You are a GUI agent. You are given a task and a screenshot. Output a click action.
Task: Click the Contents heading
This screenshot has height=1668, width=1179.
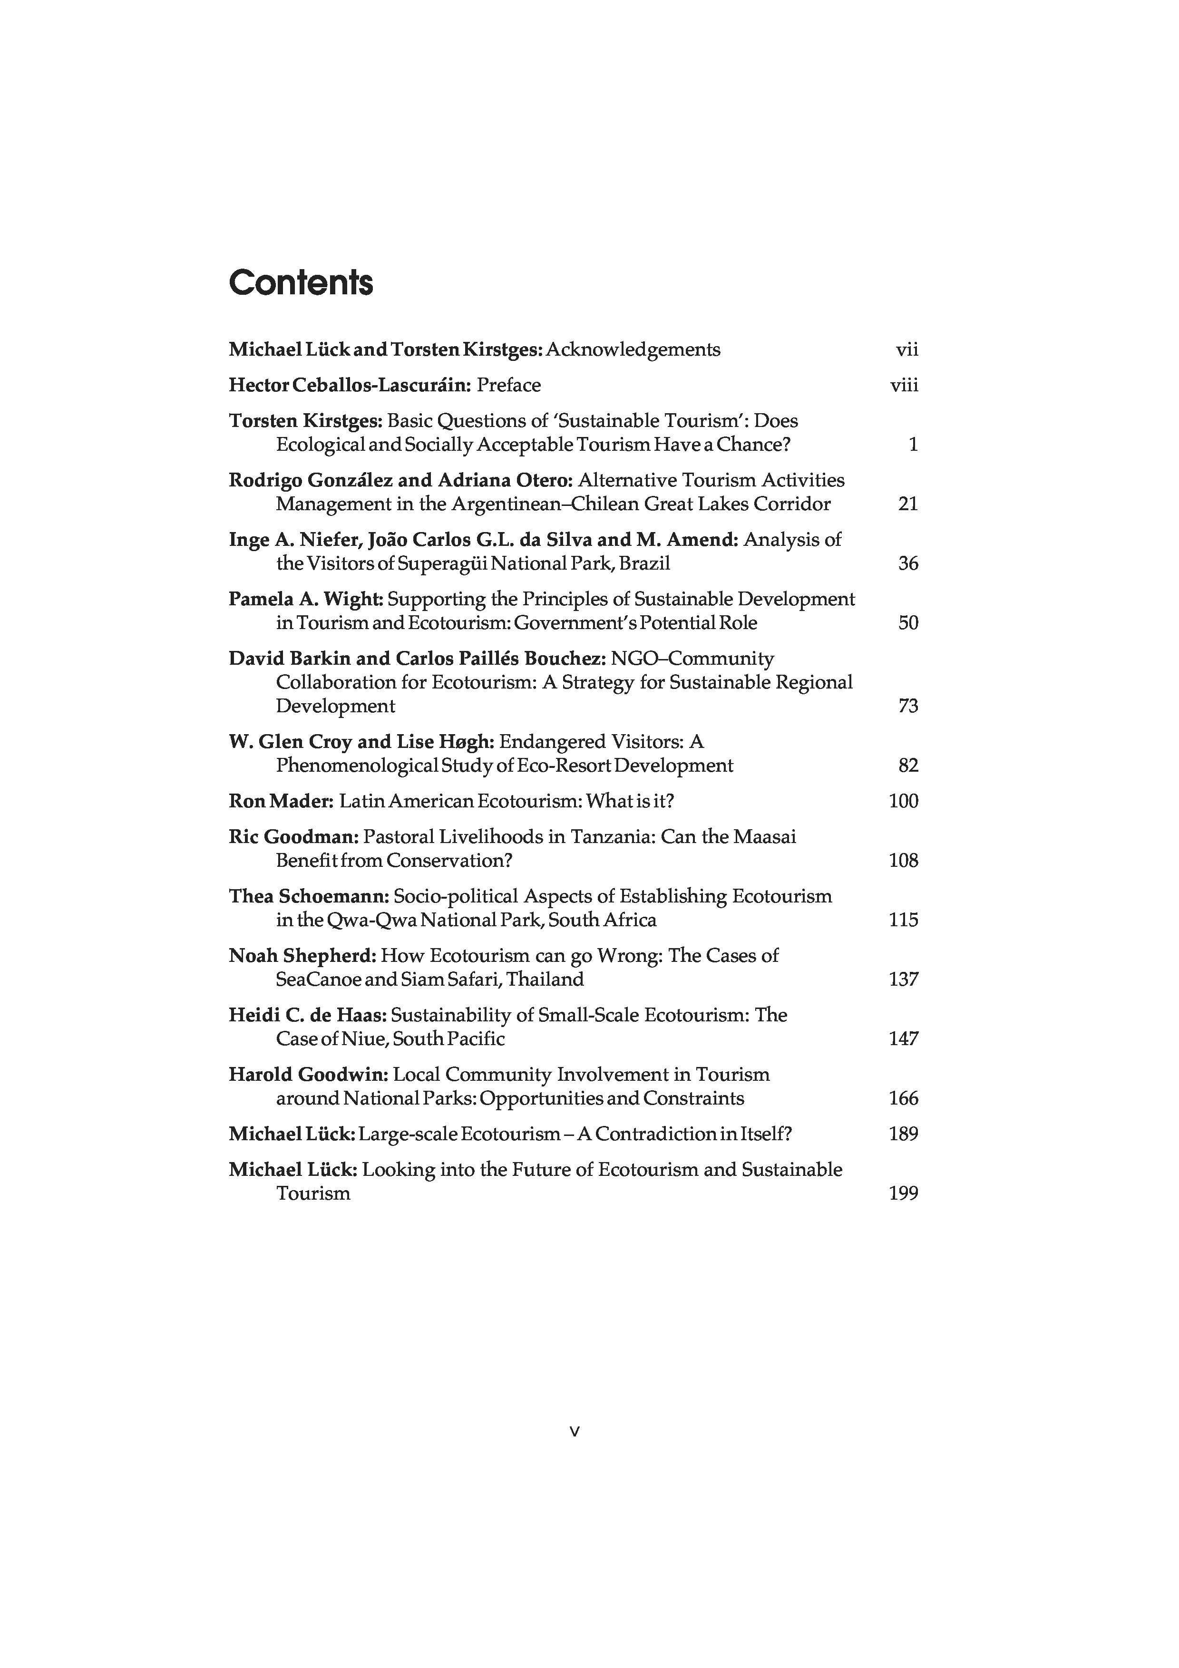(x=301, y=282)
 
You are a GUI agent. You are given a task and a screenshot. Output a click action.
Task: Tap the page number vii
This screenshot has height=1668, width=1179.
(x=906, y=350)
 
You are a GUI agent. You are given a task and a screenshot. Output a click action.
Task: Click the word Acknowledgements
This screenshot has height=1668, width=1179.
(x=633, y=350)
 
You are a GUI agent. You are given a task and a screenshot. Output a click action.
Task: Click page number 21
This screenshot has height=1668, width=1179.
(x=908, y=504)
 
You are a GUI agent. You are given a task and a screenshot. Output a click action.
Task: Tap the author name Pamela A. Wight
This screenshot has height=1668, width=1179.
(x=305, y=599)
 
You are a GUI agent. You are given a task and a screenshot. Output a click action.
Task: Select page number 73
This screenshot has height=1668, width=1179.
(x=908, y=706)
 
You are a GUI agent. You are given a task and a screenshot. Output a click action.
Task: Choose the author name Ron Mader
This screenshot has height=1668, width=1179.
(x=281, y=801)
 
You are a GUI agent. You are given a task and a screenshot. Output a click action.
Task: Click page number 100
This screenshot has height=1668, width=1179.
(x=903, y=801)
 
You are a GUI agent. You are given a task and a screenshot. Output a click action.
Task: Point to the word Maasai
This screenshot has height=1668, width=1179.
(x=764, y=837)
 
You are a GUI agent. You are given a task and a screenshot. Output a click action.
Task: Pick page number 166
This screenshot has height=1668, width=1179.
(x=903, y=1098)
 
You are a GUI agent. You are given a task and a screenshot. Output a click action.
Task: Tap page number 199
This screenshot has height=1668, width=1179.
(x=903, y=1193)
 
